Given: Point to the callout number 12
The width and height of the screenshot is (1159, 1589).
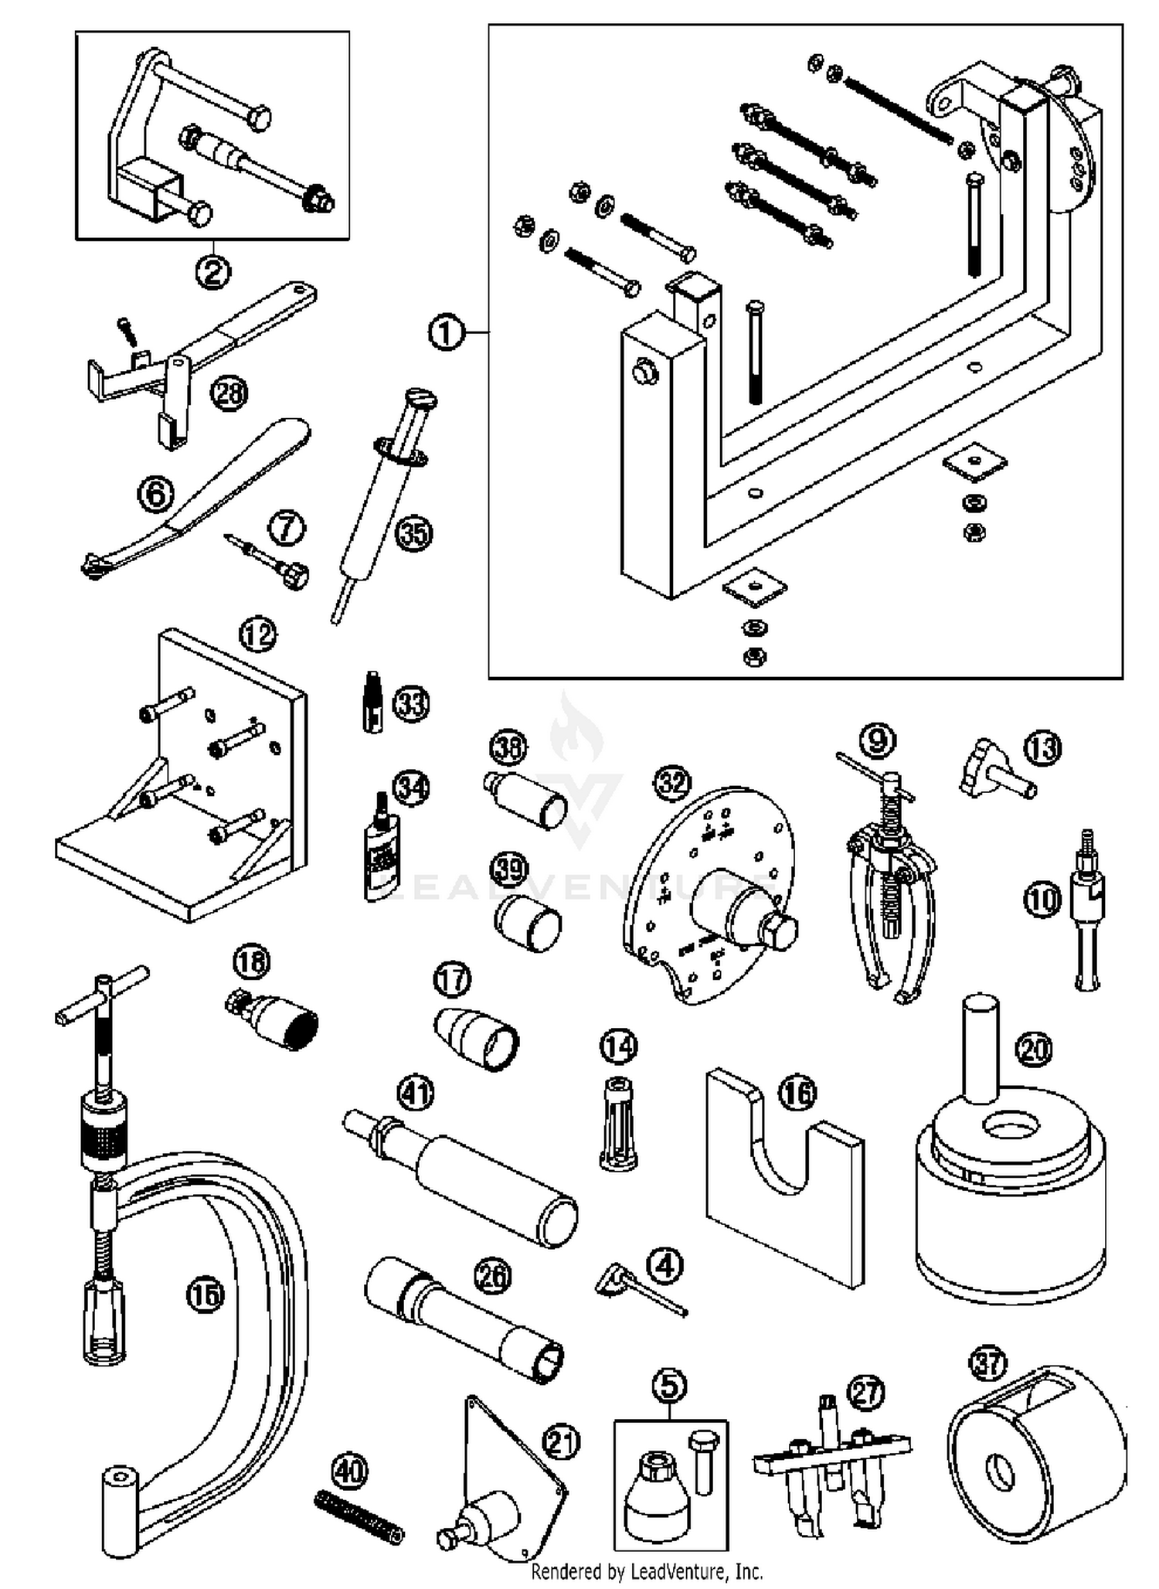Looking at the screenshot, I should point(258,635).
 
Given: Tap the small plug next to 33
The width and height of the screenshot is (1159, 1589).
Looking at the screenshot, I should point(373,701).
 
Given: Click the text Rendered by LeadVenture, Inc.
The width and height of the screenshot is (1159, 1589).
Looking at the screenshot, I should point(647,1571).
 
